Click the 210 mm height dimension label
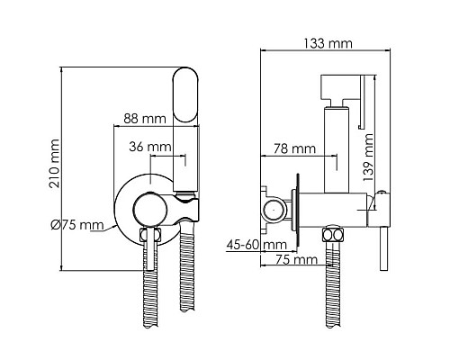pos(55,163)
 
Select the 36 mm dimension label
pos(150,147)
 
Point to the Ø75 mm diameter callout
pos(77,225)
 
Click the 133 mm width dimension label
pos(328,43)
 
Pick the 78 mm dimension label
pos(294,148)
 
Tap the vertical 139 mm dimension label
pos(368,157)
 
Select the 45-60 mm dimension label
pos(256,245)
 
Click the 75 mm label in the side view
pos(296,259)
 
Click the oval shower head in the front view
pos(186,94)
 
